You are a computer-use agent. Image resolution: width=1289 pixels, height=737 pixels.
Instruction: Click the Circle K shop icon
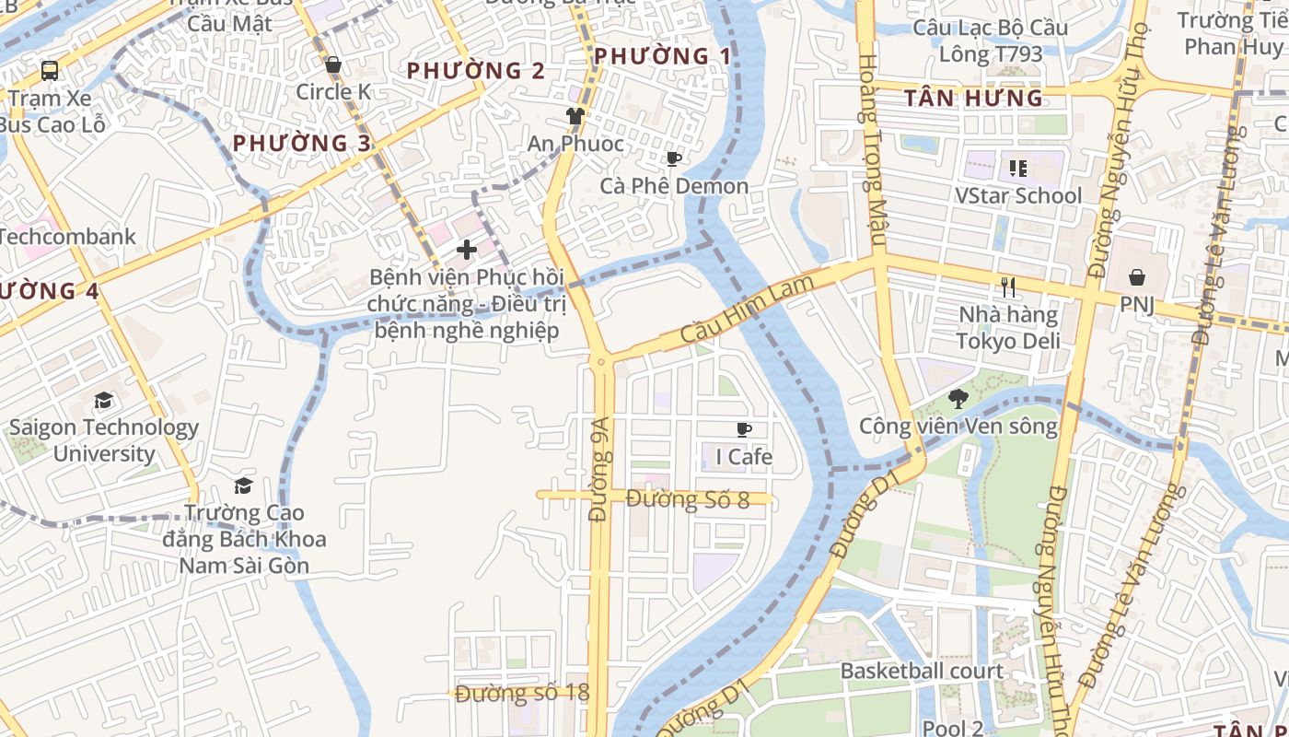pos(333,65)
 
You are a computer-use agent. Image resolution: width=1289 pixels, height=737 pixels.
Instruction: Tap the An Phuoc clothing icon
pos(575,116)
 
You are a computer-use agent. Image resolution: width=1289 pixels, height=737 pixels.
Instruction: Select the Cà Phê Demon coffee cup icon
pos(674,159)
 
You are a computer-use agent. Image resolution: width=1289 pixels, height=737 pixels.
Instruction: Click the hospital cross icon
pos(467,249)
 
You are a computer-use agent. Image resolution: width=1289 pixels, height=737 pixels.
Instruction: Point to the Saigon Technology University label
pos(103,440)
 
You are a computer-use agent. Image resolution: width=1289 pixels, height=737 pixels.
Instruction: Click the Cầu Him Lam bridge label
pos(748,310)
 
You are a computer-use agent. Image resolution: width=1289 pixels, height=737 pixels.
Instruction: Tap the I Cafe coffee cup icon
pos(744,429)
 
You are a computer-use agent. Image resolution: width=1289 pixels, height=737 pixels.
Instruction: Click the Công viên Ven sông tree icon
pos(958,399)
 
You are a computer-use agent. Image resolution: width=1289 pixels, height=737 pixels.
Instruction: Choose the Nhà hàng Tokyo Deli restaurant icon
pos(1008,287)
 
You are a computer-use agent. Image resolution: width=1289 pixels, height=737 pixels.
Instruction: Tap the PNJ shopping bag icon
pos(1137,277)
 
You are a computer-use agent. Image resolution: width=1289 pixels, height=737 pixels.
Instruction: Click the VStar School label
pos(1018,195)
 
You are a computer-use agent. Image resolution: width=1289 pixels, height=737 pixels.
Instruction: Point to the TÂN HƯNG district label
pos(973,98)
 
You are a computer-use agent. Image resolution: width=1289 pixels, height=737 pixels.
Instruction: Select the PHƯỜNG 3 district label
pos(302,143)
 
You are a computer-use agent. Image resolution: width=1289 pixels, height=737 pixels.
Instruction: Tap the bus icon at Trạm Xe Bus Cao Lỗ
pos(50,71)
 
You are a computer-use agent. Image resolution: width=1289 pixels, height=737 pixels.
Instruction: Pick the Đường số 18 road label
pos(521,693)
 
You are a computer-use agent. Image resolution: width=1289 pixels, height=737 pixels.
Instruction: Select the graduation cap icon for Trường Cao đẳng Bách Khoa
pos(243,485)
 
